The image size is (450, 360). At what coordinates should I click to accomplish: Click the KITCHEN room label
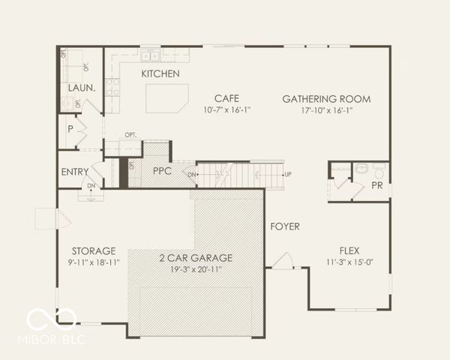[160, 73]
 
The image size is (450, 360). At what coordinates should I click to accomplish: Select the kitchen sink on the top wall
[148, 55]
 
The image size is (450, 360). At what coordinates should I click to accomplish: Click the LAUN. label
[81, 88]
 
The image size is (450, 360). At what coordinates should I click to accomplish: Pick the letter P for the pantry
[70, 128]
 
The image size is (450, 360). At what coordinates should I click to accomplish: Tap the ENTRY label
[75, 172]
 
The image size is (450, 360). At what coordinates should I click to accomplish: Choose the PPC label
[163, 171]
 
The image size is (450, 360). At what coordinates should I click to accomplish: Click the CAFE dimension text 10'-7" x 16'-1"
[227, 110]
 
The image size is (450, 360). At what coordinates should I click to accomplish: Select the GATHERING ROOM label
[326, 98]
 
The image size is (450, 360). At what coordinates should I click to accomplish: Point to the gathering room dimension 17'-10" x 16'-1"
[326, 110]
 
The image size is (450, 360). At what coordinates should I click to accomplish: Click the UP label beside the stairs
[287, 174]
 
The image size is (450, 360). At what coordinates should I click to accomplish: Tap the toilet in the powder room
[359, 169]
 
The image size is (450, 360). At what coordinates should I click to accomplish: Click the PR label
[377, 185]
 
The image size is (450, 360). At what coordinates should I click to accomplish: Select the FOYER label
[285, 226]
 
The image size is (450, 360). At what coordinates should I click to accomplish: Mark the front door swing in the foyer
[282, 261]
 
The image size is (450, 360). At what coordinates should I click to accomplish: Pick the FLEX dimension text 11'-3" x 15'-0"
[349, 262]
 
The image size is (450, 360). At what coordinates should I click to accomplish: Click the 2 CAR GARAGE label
[196, 257]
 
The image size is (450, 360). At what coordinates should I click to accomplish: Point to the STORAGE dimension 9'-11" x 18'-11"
[93, 262]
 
